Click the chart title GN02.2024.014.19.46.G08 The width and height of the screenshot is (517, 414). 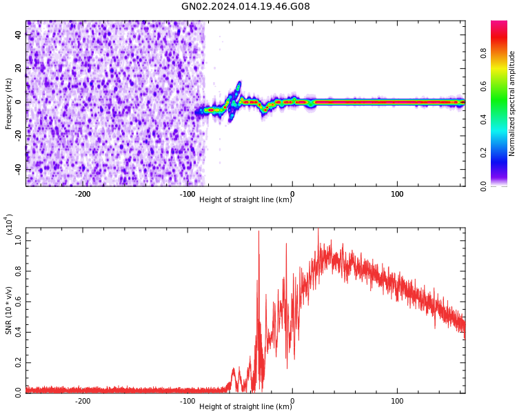(x=245, y=7)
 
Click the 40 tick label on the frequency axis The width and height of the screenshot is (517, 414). (x=19, y=35)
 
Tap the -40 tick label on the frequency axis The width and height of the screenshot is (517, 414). (x=17, y=168)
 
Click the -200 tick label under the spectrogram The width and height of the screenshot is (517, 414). (x=82, y=194)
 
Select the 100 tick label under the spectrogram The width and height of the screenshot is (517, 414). (x=397, y=194)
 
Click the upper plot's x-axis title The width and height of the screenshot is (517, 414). (x=245, y=200)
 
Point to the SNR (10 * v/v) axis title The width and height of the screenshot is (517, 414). (x=9, y=310)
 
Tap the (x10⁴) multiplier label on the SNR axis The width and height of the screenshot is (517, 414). (x=10, y=225)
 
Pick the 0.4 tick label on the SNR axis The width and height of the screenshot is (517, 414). (x=19, y=331)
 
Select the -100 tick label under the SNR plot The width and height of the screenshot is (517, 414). (x=187, y=401)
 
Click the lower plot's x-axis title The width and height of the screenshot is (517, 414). (x=245, y=407)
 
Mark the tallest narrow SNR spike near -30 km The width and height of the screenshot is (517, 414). (x=258, y=232)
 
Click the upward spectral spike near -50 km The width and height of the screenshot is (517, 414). (x=239, y=84)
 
